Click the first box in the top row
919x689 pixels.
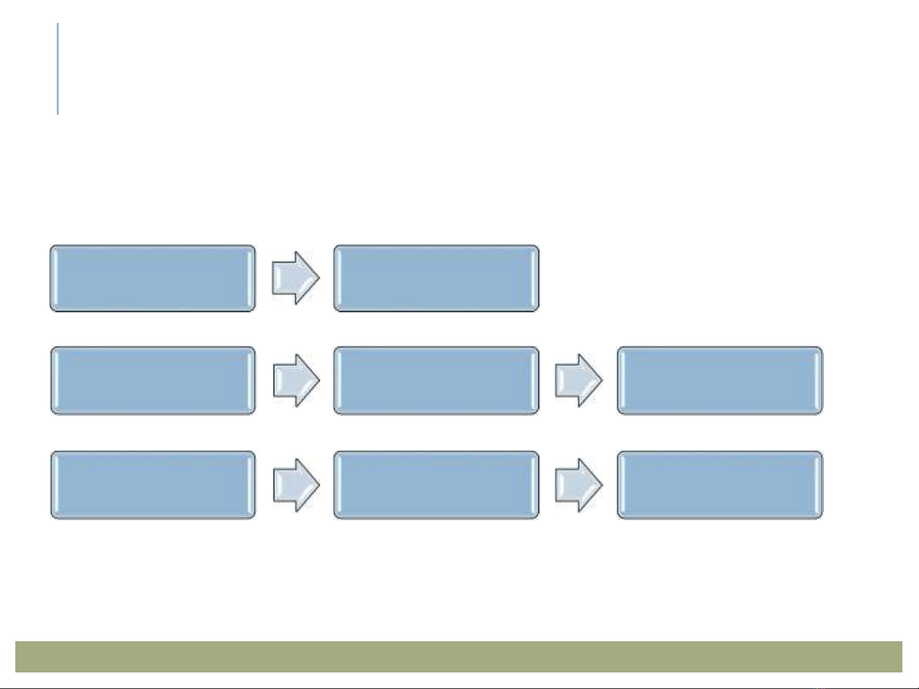click(x=152, y=279)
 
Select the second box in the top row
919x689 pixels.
click(x=436, y=279)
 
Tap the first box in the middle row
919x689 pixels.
click(x=152, y=381)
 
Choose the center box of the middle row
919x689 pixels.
click(x=436, y=381)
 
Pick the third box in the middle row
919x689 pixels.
click(x=719, y=381)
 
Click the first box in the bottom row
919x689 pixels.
click(x=152, y=485)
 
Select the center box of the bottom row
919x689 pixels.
click(x=436, y=485)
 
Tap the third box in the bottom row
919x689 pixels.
click(x=719, y=485)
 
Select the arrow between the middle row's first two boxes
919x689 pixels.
click(x=296, y=381)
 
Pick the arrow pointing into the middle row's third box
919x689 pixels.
click(x=578, y=381)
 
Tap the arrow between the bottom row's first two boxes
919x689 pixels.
click(x=296, y=485)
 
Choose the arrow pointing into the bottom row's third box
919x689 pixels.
click(x=578, y=485)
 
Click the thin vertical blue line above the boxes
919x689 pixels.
click(x=58, y=69)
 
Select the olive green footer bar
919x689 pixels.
click(x=459, y=656)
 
